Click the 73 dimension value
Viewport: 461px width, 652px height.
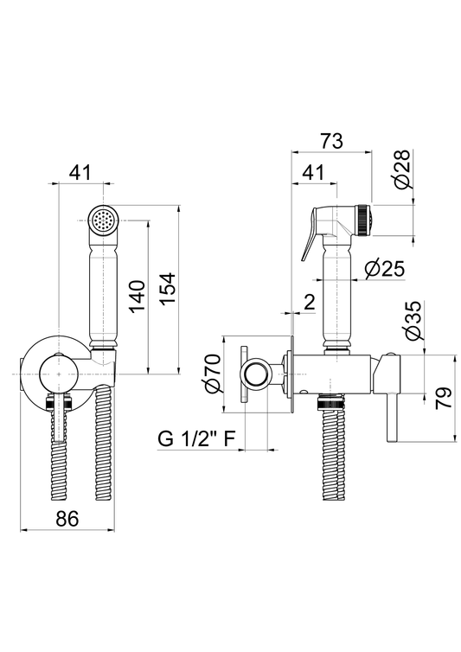pos(331,141)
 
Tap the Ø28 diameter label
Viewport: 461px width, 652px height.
pos(402,169)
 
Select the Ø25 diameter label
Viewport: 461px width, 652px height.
pos(384,269)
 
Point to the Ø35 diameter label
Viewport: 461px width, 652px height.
pos(413,321)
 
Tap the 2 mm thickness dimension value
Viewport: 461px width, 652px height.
pos(309,303)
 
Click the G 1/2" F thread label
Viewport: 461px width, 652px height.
pos(196,438)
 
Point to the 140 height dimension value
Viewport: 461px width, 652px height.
pos(136,297)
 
